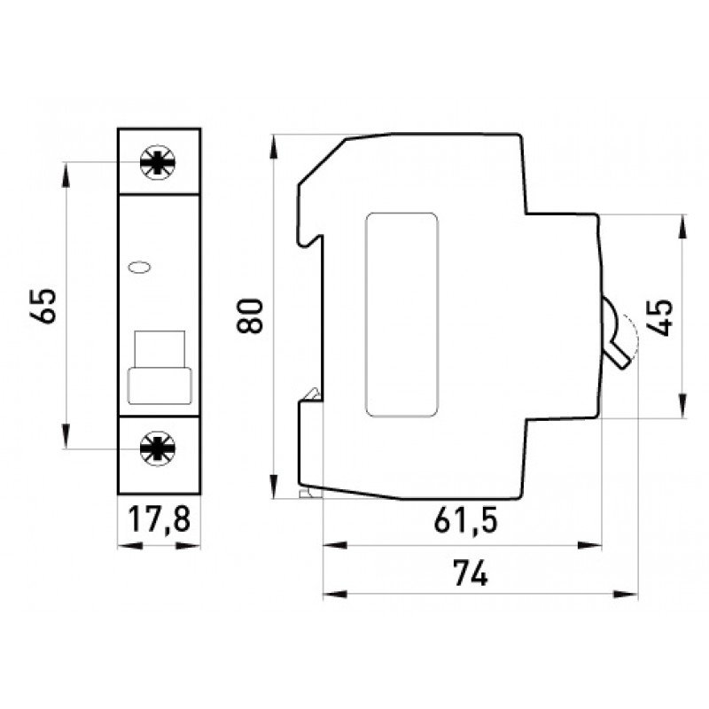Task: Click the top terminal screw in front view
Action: pos(159,163)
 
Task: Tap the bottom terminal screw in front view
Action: pos(159,449)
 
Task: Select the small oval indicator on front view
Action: pos(140,265)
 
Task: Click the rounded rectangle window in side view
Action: pos(401,315)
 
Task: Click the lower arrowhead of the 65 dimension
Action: pos(67,440)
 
